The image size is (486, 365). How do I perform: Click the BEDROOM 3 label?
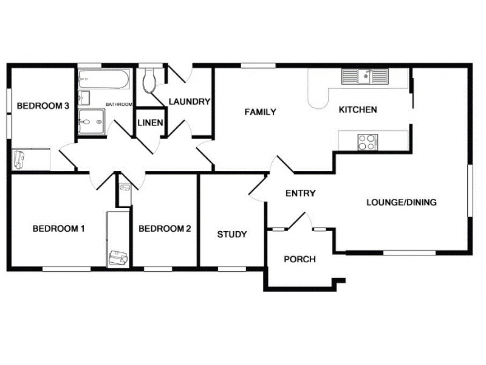(x=42, y=106)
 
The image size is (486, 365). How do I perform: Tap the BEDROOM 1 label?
(x=58, y=229)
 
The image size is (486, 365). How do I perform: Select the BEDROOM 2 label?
(x=165, y=229)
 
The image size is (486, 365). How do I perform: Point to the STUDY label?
(x=231, y=234)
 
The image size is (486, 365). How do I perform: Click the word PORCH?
(x=299, y=259)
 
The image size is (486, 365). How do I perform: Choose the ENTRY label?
(x=300, y=193)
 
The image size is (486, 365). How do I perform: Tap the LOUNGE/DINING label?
(x=401, y=203)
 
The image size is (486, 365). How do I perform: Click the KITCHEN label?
(x=358, y=110)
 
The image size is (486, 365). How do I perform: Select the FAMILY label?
(x=260, y=112)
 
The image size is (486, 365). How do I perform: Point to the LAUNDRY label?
(x=189, y=102)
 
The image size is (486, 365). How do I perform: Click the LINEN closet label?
(x=149, y=123)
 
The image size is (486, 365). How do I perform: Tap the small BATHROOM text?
(x=119, y=105)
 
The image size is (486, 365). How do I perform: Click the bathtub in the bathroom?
(x=103, y=79)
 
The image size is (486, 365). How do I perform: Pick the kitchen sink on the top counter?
(x=364, y=77)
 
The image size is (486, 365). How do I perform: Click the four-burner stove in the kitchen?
(x=366, y=142)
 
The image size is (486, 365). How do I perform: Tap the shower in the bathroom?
(x=92, y=122)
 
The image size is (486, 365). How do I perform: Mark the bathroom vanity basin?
(x=84, y=99)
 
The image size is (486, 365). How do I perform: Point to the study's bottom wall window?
(x=227, y=268)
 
